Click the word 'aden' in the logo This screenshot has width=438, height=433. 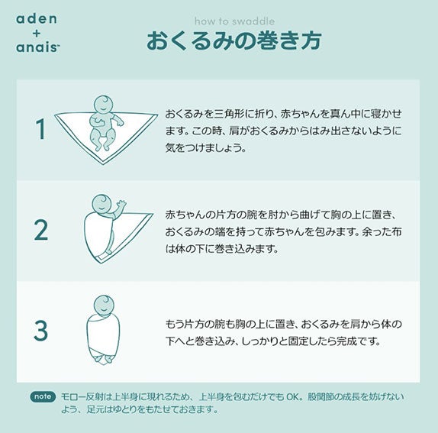[37, 19]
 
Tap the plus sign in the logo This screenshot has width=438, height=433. [37, 34]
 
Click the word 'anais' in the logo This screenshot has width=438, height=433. [37, 47]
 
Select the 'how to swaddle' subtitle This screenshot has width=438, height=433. [235, 21]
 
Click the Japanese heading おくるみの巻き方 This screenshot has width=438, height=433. [234, 40]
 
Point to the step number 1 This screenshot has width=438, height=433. [41, 129]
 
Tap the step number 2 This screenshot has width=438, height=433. [41, 230]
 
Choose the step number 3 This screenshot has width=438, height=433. [40, 331]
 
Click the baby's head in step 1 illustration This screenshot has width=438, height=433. [103, 105]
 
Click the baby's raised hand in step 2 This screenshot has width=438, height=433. [121, 205]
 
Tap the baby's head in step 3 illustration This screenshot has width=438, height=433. [104, 305]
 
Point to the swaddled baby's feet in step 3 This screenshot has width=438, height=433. [103, 360]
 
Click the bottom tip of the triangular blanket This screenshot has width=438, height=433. [103, 164]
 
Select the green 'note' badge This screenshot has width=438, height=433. [43, 396]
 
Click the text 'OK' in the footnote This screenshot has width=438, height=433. [293, 396]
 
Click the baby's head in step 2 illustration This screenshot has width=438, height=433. [102, 204]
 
